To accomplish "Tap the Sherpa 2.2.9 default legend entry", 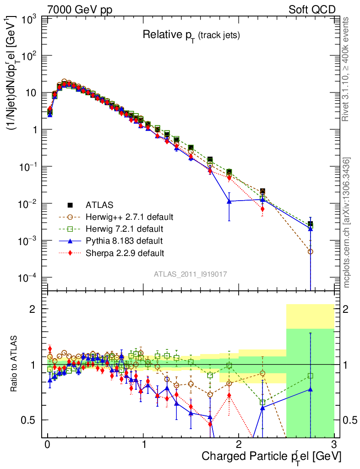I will (x=125, y=252).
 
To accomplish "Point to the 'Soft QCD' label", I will (x=312, y=10).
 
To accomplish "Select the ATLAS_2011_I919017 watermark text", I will (x=191, y=273).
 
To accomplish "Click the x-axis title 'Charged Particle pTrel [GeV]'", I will (x=271, y=456).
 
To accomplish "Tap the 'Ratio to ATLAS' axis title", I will (x=15, y=364).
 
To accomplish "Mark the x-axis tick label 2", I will (x=239, y=445).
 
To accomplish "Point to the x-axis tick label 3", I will (x=334, y=445).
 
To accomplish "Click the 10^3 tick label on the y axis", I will (x=28, y=19).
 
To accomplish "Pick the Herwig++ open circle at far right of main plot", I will (x=311, y=251).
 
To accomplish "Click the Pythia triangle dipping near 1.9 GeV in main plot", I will (x=229, y=201).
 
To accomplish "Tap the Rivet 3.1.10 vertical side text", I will (x=346, y=69).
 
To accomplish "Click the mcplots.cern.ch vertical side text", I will (x=347, y=222).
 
